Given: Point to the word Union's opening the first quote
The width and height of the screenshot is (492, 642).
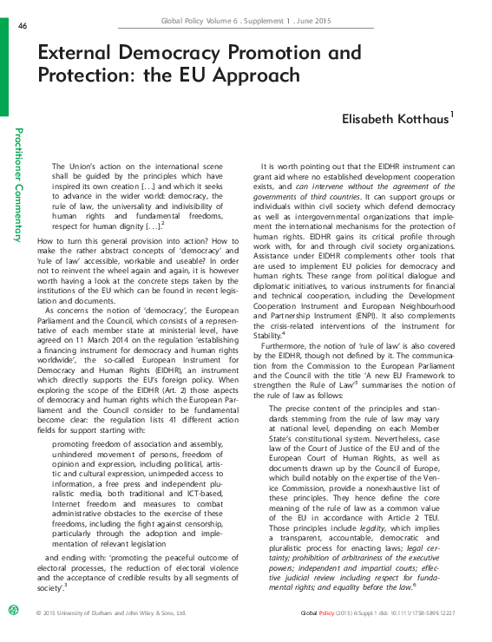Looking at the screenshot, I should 93,166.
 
